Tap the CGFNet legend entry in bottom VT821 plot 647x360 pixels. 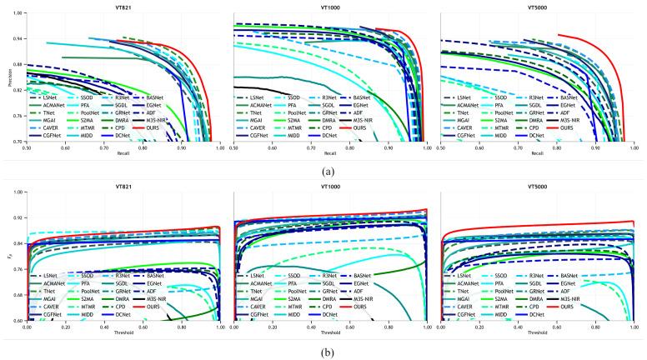pos(46,313)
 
